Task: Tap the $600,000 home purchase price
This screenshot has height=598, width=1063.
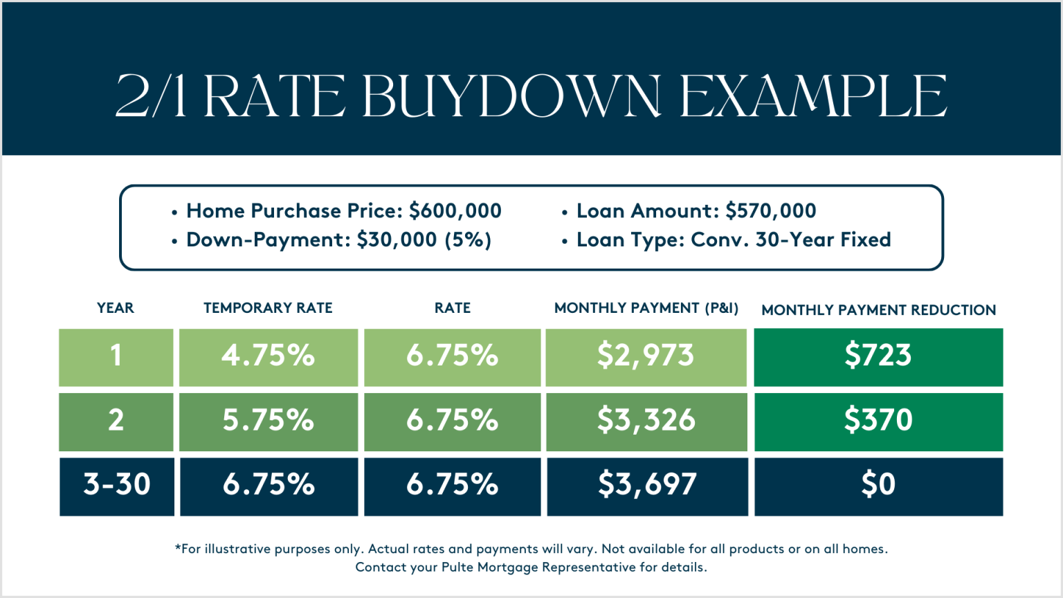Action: pyautogui.click(x=455, y=210)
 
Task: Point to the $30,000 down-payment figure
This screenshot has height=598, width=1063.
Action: pyautogui.click(x=397, y=240)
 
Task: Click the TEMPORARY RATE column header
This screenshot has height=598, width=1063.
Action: pyautogui.click(x=268, y=308)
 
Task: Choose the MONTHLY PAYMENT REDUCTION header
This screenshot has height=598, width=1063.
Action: pyautogui.click(x=878, y=310)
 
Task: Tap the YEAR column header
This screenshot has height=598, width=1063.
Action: pyautogui.click(x=116, y=308)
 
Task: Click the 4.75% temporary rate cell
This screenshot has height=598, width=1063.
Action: pyautogui.click(x=269, y=356)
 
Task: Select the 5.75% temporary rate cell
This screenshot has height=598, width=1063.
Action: pyautogui.click(x=269, y=421)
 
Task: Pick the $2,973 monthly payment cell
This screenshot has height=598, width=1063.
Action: pyautogui.click(x=646, y=356)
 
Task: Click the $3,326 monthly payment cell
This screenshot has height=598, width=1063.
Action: pyautogui.click(x=646, y=421)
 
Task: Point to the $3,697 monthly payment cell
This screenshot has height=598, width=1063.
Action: pyautogui.click(x=647, y=485)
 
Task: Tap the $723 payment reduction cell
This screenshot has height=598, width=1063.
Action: pyautogui.click(x=878, y=356)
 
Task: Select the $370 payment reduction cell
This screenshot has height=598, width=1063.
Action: pyautogui.click(x=878, y=421)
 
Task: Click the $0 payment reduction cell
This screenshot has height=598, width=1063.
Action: pyautogui.click(x=878, y=485)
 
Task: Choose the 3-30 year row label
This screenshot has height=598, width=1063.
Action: pyautogui.click(x=117, y=485)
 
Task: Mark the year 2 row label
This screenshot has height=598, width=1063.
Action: pyautogui.click(x=116, y=421)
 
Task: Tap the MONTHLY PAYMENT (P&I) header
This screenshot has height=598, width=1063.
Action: pyautogui.click(x=646, y=308)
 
